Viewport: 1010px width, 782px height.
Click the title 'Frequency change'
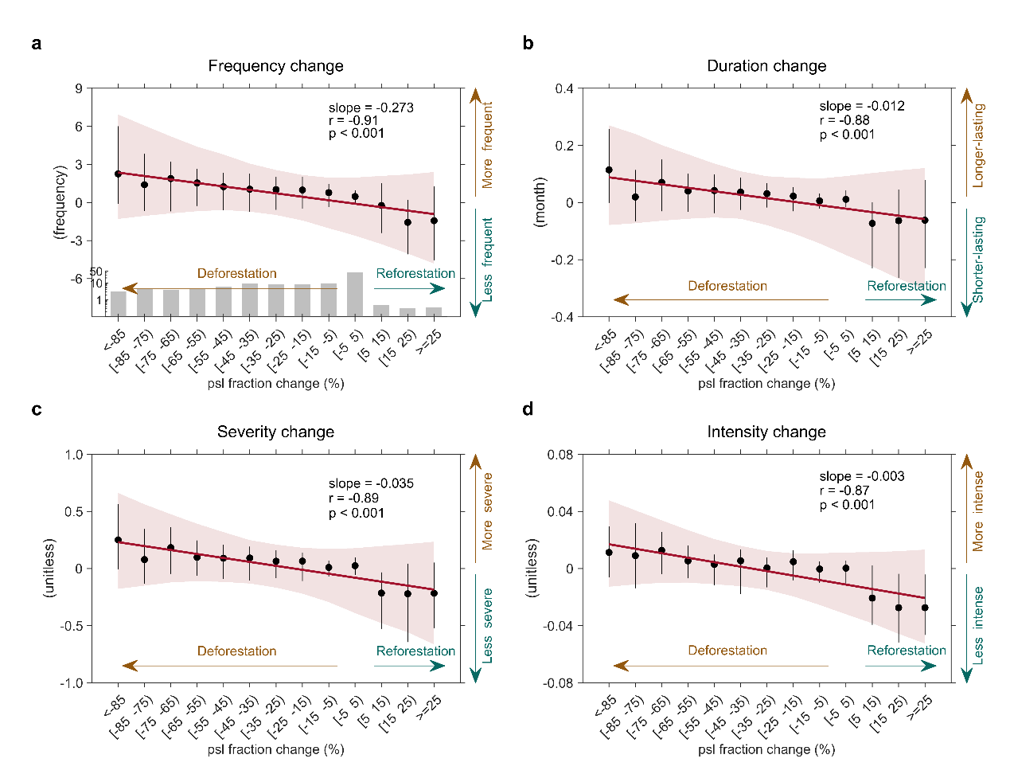[x=275, y=66]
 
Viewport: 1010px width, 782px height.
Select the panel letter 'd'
[x=528, y=409]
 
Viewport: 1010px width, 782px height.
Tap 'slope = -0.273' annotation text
[x=371, y=108]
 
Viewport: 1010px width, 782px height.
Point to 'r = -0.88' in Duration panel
[x=844, y=120]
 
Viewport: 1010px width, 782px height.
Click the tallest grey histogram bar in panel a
[x=355, y=294]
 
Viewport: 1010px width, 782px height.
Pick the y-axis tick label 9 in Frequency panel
[x=79, y=88]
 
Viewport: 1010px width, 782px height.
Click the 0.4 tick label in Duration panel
[x=564, y=88]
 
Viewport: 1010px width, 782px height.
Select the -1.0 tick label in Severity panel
[x=73, y=683]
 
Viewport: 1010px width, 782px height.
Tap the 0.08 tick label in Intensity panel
[x=560, y=455]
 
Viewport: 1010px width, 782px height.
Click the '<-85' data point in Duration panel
[x=609, y=170]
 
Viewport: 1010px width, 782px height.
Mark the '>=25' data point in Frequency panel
[x=434, y=221]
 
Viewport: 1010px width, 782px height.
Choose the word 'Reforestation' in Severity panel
[x=415, y=651]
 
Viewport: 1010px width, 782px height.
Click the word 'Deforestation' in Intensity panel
[x=727, y=650]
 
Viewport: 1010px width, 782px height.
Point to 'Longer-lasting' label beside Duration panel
[x=979, y=146]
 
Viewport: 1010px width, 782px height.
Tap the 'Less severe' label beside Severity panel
[x=488, y=625]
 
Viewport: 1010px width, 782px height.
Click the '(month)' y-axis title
[x=540, y=202]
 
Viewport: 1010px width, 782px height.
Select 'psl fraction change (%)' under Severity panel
[x=275, y=749]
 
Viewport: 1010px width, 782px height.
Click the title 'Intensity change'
[x=766, y=432]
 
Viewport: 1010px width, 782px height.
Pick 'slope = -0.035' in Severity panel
[x=371, y=483]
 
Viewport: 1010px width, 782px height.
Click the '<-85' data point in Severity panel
[x=118, y=540]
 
